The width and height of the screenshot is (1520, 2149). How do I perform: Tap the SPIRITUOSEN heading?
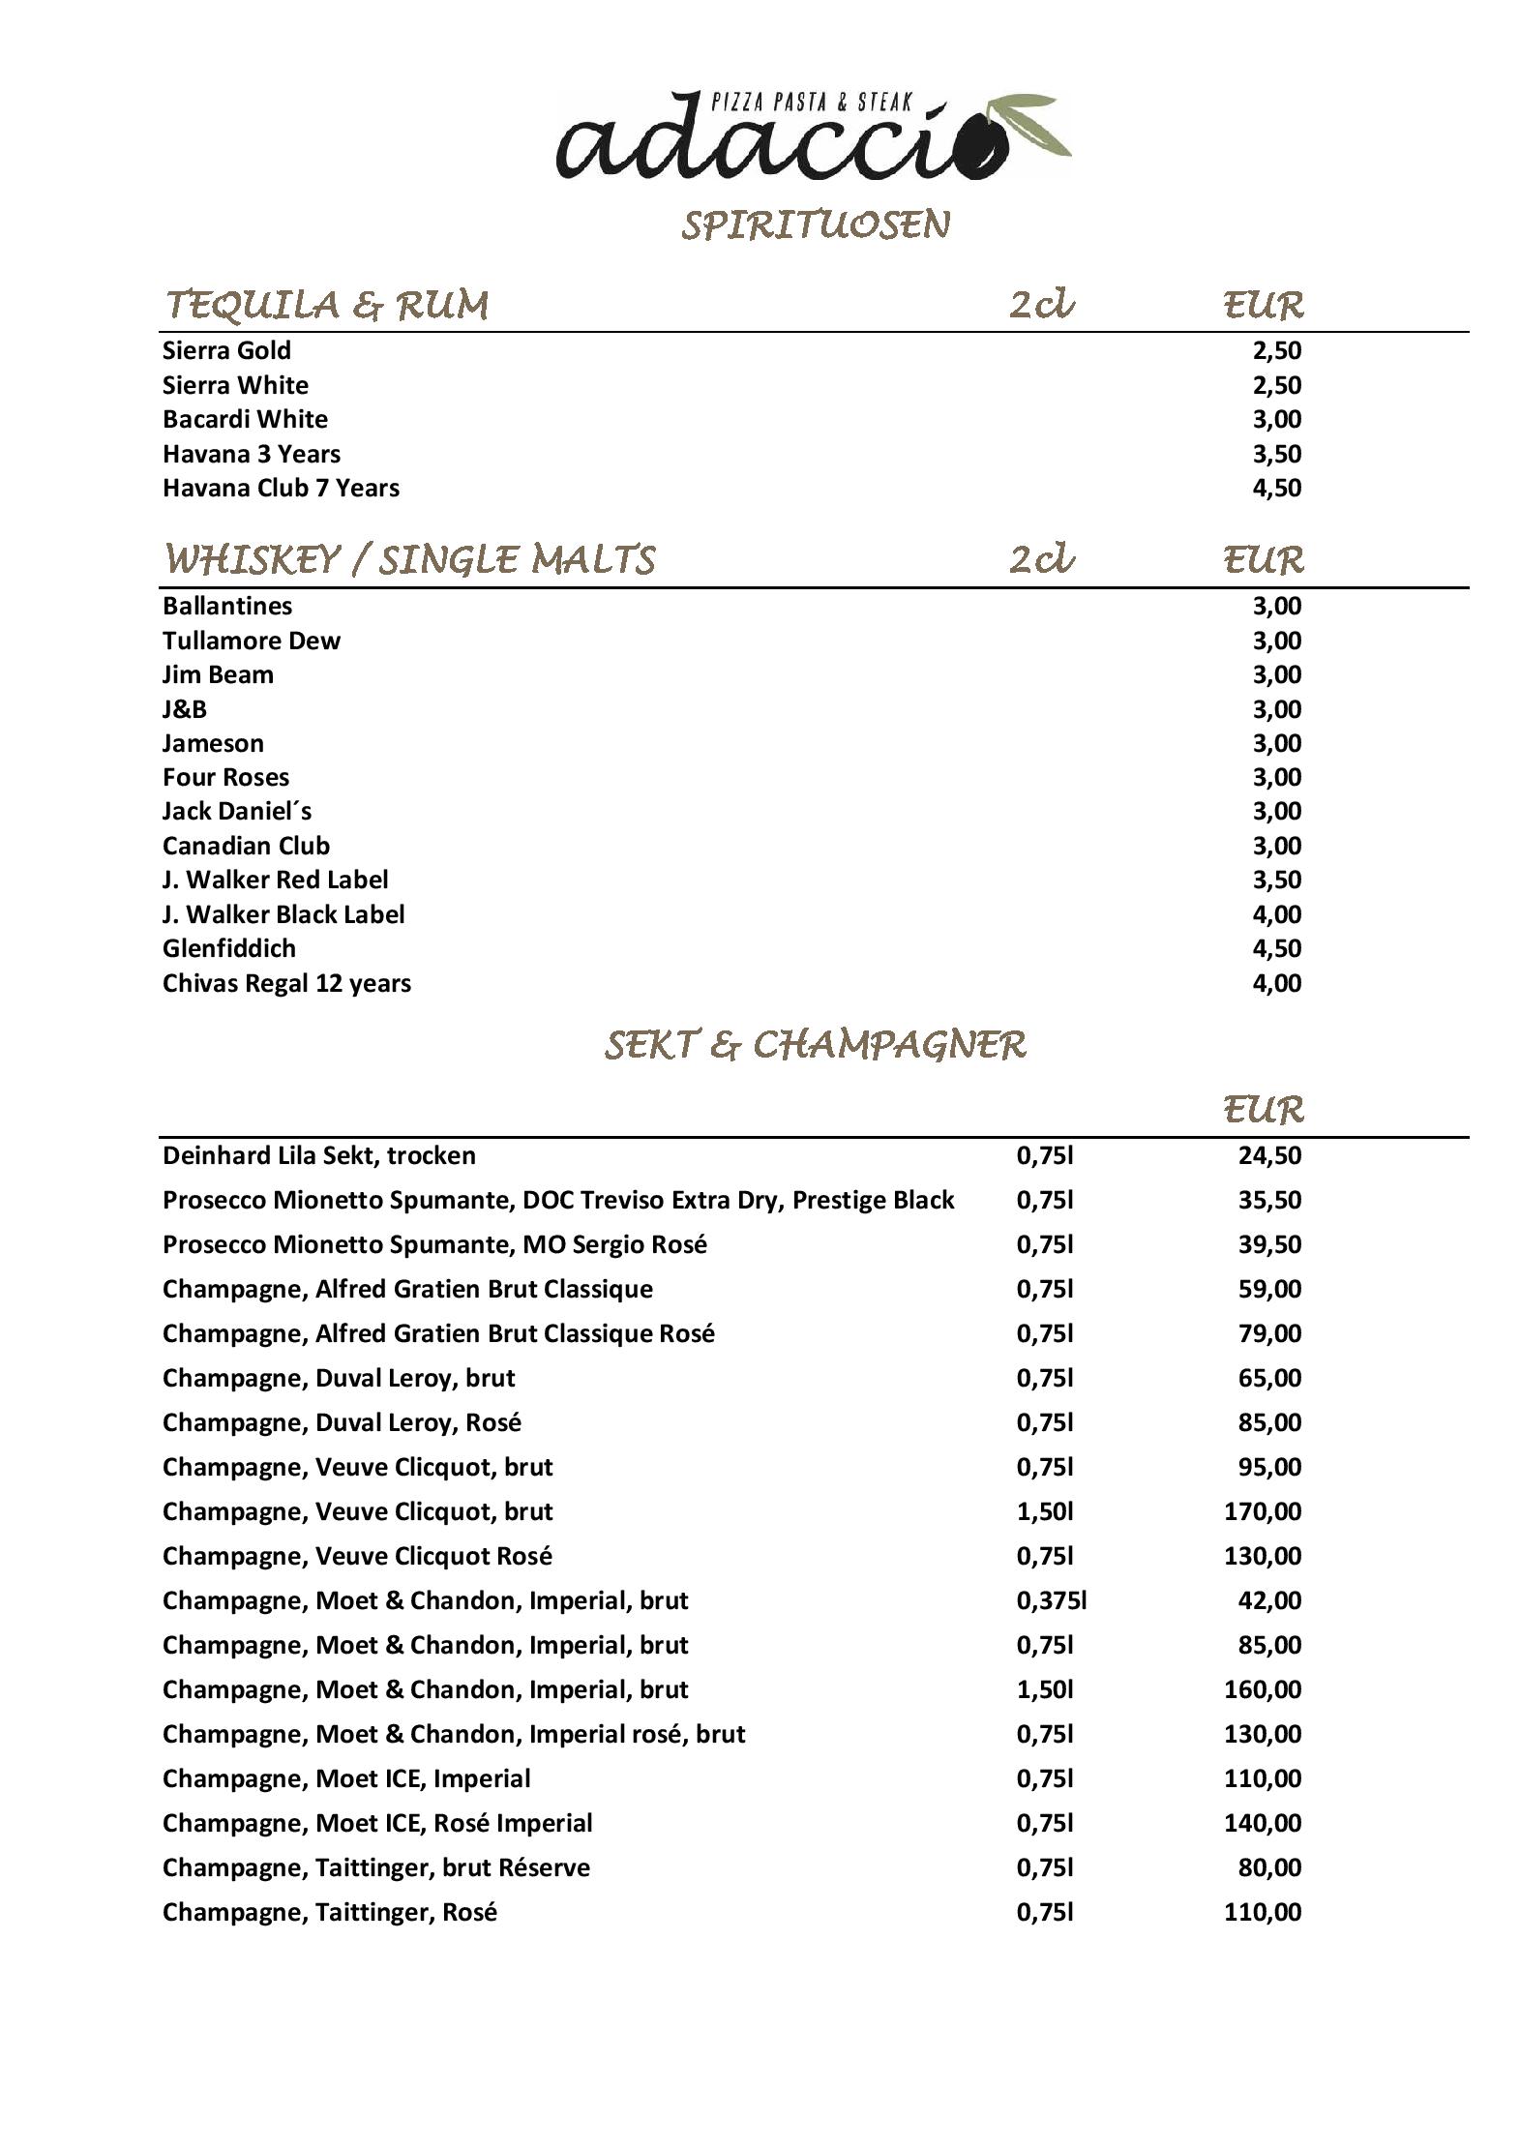[816, 225]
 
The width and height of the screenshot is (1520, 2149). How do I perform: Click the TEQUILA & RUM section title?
[327, 306]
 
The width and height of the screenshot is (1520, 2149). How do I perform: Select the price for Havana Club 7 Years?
[1276, 488]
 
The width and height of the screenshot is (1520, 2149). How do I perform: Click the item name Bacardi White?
[245, 419]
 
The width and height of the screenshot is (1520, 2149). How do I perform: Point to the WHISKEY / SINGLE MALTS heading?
[409, 560]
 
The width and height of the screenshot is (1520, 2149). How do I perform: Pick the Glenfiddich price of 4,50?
[1276, 948]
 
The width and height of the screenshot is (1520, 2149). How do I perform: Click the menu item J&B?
[185, 709]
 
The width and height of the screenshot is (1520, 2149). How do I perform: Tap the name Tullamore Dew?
[252, 641]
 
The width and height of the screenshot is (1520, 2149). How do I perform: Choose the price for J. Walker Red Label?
[1276, 880]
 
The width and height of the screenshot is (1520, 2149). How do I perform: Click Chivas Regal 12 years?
[286, 983]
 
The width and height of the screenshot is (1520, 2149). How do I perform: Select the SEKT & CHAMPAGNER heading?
[815, 1045]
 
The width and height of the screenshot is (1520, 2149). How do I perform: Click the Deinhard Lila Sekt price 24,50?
[1269, 1155]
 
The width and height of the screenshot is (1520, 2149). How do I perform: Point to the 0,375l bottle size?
[1052, 1600]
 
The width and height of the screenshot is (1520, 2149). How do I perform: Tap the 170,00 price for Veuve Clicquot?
[1263, 1511]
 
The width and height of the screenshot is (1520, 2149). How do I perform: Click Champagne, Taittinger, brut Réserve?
[375, 1867]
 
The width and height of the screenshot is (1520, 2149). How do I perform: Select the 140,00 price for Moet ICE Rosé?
[1263, 1823]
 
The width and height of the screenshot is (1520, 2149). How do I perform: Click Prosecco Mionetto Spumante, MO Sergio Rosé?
[434, 1244]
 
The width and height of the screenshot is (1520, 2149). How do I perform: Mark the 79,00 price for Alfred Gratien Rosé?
[1269, 1333]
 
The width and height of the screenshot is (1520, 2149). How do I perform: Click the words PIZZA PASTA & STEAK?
[812, 103]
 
